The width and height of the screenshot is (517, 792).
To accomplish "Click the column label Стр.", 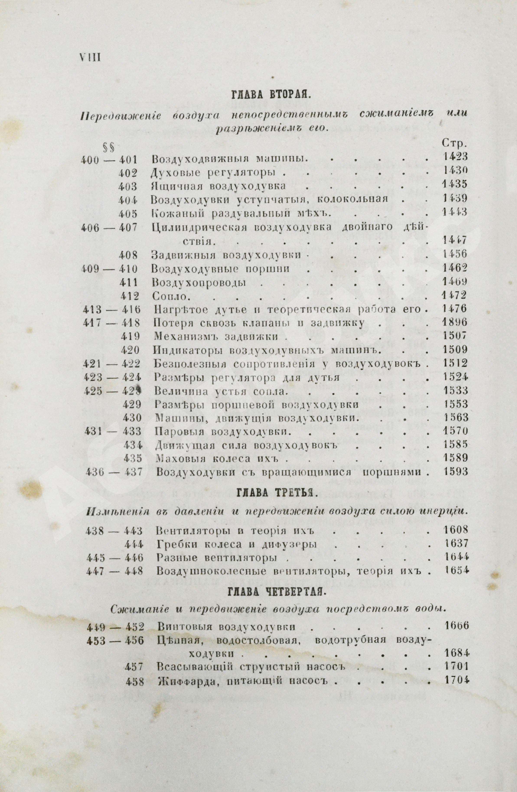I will (x=455, y=143).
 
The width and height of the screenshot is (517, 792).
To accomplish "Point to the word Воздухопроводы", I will (x=199, y=282).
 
